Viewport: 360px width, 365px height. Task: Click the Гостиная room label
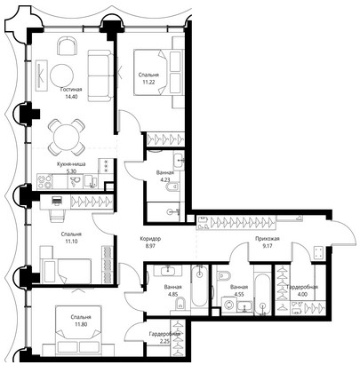click(x=71, y=89)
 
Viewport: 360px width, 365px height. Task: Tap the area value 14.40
click(x=71, y=96)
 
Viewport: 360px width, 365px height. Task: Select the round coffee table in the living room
click(x=61, y=75)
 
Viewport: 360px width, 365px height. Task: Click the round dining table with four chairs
click(x=67, y=137)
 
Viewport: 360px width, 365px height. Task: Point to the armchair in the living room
click(x=66, y=46)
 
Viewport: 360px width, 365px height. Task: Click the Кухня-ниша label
click(x=71, y=163)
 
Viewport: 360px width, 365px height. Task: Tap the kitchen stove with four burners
click(x=44, y=181)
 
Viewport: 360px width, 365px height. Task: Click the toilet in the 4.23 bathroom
click(x=172, y=187)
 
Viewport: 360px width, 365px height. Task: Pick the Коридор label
click(x=151, y=238)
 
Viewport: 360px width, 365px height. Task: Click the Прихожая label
click(x=268, y=238)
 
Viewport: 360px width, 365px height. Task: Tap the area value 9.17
click(x=268, y=245)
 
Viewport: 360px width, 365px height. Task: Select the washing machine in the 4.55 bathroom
click(x=229, y=305)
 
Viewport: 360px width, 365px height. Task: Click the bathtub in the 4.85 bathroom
click(x=199, y=286)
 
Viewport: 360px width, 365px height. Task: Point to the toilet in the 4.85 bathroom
click(x=180, y=304)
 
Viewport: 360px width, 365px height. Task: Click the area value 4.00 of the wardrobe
click(x=302, y=294)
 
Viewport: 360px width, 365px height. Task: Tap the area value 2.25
click(x=164, y=341)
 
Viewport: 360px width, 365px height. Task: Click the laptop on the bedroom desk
click(x=57, y=201)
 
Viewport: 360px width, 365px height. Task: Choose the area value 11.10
click(x=71, y=241)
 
